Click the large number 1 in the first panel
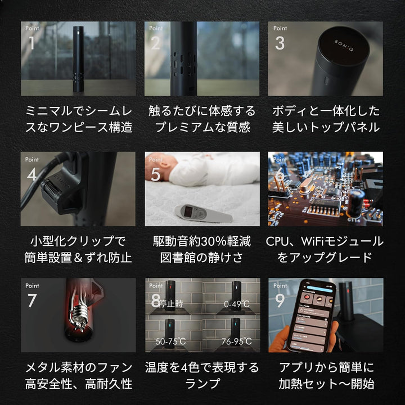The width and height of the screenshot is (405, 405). (x=31, y=43)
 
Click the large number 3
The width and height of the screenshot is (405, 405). (x=280, y=43)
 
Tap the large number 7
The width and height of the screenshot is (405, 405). (x=32, y=301)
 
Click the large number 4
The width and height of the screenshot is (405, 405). (x=32, y=174)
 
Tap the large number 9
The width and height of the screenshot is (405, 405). (x=279, y=301)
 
